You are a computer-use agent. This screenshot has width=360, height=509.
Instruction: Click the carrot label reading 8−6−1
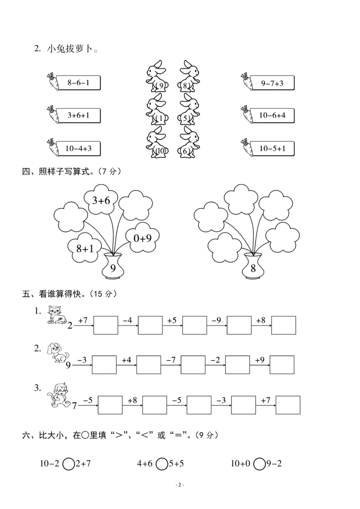tap(78, 83)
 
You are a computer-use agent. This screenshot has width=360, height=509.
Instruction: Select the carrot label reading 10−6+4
tap(272, 116)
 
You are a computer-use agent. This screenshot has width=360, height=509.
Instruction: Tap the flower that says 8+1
tap(85, 248)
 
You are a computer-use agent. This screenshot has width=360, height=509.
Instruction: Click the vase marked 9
tap(113, 267)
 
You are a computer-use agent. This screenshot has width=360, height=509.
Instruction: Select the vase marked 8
tap(253, 267)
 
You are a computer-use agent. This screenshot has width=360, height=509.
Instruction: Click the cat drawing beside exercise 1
tap(56, 315)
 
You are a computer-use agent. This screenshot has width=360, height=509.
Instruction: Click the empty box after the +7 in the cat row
tap(106, 325)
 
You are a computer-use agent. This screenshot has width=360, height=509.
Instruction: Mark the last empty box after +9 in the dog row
tap(282, 365)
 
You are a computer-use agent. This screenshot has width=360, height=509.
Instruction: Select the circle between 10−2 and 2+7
tap(69, 464)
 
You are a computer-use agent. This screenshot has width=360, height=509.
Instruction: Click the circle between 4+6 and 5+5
tap(162, 464)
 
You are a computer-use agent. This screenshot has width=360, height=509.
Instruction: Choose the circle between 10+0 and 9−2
tap(259, 464)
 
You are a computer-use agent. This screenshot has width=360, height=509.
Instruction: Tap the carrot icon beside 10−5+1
tap(247, 147)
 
